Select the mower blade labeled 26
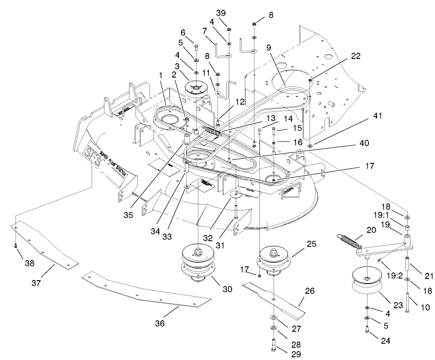(x=274, y=298)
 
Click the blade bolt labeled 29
(x=273, y=344)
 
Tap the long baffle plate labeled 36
(x=146, y=292)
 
